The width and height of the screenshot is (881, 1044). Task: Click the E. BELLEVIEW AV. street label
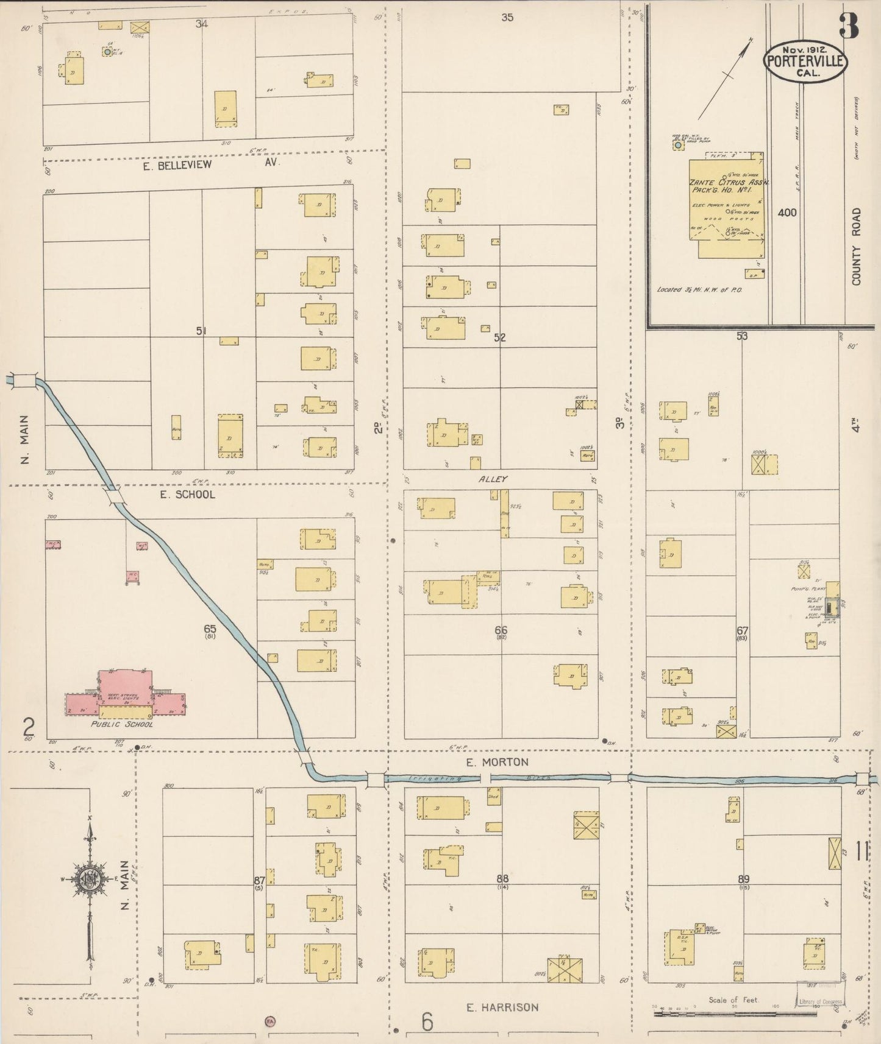(210, 164)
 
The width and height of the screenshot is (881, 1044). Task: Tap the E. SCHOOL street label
(187, 495)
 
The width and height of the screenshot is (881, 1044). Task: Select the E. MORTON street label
(498, 762)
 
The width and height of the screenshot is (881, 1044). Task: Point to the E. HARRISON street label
(502, 1007)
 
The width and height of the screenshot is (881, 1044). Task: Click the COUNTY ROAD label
(857, 247)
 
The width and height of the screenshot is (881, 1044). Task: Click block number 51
(201, 331)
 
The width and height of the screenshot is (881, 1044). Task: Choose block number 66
(501, 630)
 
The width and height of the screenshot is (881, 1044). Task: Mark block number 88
(502, 878)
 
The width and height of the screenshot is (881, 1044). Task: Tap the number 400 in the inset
(787, 213)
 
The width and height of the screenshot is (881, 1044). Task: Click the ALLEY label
(493, 479)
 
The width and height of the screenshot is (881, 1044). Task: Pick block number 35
(507, 17)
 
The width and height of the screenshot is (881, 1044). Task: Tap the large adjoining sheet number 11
(861, 851)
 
